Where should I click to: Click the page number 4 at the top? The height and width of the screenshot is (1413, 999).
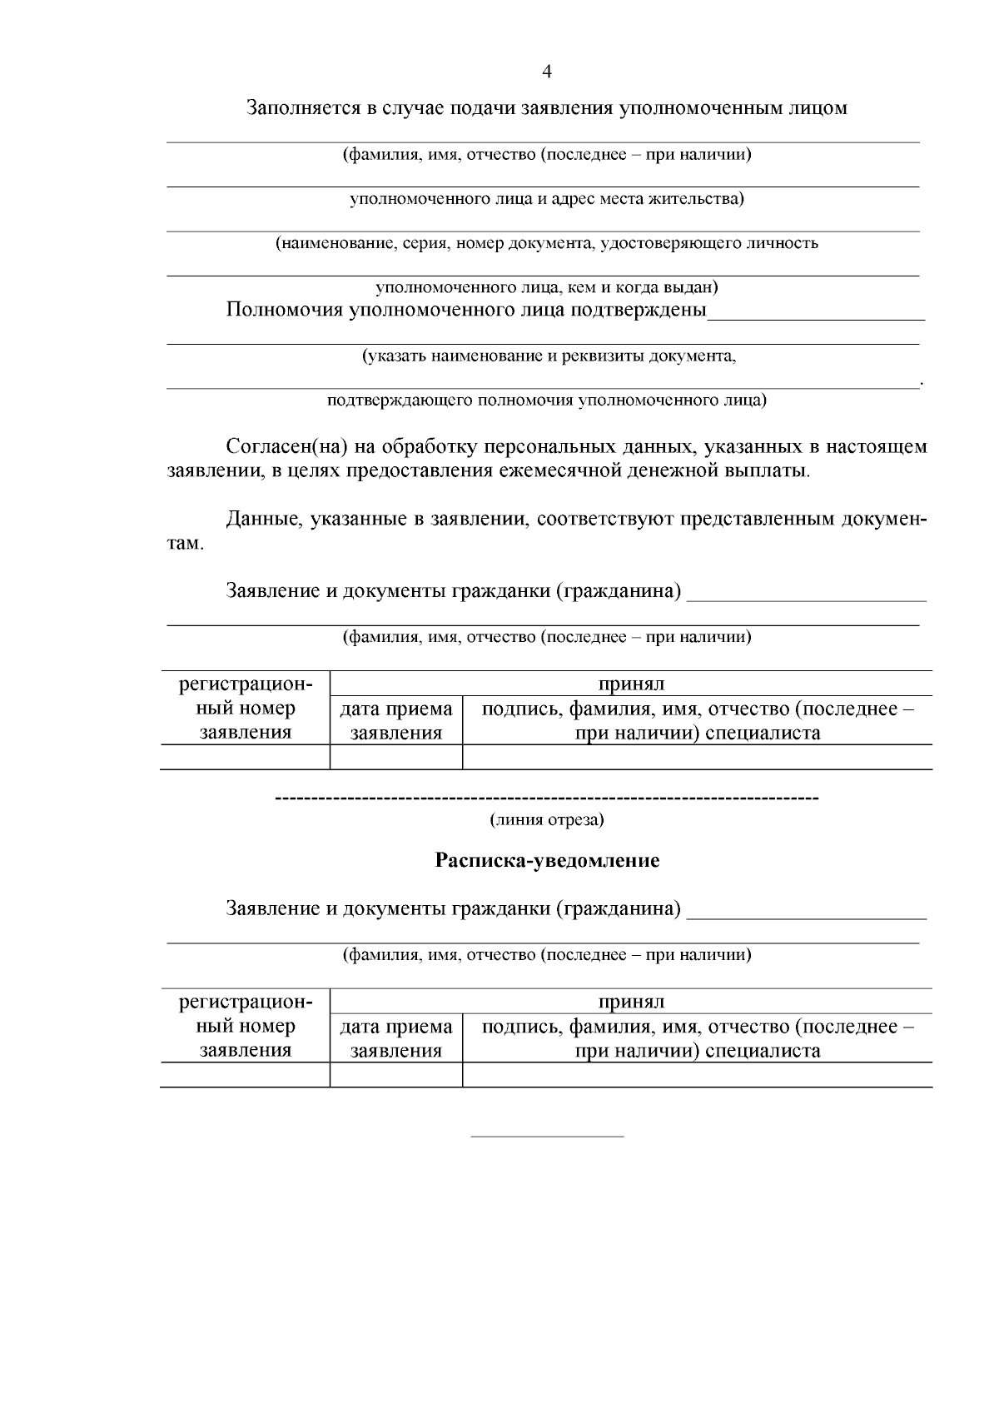pos(547,72)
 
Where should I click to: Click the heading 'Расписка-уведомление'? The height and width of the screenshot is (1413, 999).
pos(547,861)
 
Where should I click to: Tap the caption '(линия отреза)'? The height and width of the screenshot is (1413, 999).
pos(547,820)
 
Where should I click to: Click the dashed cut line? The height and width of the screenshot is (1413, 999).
pos(547,800)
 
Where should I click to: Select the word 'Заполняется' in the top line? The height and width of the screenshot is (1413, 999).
pos(301,108)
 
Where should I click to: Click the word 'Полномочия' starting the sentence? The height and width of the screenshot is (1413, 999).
pos(284,311)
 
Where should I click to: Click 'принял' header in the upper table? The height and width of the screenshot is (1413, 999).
pos(631,684)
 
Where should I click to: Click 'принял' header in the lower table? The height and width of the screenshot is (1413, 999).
pos(631,1002)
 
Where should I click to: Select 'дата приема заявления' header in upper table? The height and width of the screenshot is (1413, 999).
pos(396,721)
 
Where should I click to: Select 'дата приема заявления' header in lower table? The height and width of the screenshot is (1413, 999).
pos(396,1038)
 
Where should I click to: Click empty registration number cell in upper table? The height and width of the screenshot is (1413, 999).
pos(246,757)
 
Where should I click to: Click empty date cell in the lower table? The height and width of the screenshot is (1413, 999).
pos(396,1075)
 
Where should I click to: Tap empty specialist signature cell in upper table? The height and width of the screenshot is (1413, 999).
pos(697,757)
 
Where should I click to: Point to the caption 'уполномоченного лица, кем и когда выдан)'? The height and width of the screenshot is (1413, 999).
pos(547,288)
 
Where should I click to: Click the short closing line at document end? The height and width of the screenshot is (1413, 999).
pos(547,1137)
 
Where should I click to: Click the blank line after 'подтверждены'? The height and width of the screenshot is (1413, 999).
pos(816,318)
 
